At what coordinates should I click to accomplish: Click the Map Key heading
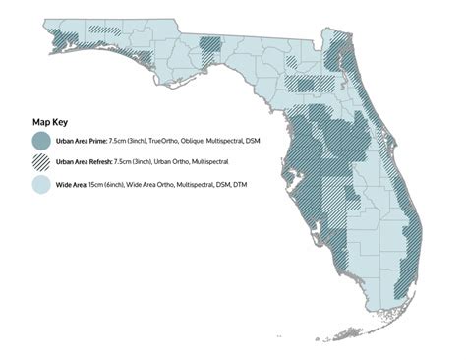coord(51,123)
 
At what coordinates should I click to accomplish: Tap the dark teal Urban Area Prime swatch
coord(42,142)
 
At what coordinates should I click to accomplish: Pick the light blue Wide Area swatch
coord(42,184)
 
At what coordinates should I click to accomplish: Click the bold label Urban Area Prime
coord(83,142)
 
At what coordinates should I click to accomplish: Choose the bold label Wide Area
coord(72,184)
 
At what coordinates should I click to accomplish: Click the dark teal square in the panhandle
coord(210,45)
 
